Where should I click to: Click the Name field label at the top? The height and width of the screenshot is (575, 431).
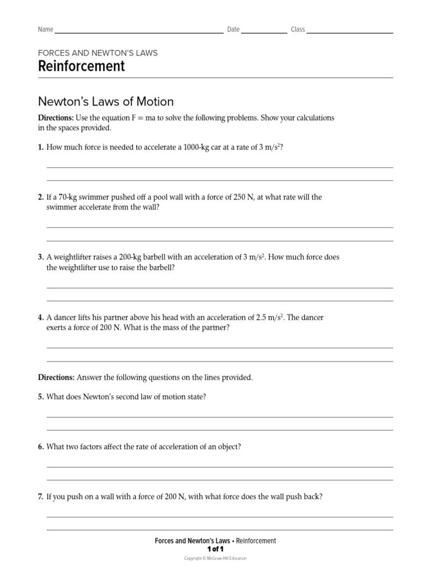click(x=45, y=30)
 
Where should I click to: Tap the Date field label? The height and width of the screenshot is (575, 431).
click(x=233, y=30)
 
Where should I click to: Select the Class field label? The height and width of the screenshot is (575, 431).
click(x=297, y=30)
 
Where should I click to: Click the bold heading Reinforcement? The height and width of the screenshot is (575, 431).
click(x=81, y=66)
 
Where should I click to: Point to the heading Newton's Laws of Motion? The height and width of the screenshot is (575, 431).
click(x=106, y=102)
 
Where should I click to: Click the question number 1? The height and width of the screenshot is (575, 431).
click(x=40, y=148)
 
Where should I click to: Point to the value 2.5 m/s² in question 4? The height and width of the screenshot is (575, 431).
click(x=269, y=317)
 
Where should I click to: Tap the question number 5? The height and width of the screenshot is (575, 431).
click(x=40, y=397)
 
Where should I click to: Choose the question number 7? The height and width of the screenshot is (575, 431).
click(x=40, y=497)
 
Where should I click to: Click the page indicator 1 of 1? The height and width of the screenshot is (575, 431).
click(x=215, y=549)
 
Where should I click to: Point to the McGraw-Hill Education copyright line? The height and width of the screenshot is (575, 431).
click(x=215, y=558)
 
